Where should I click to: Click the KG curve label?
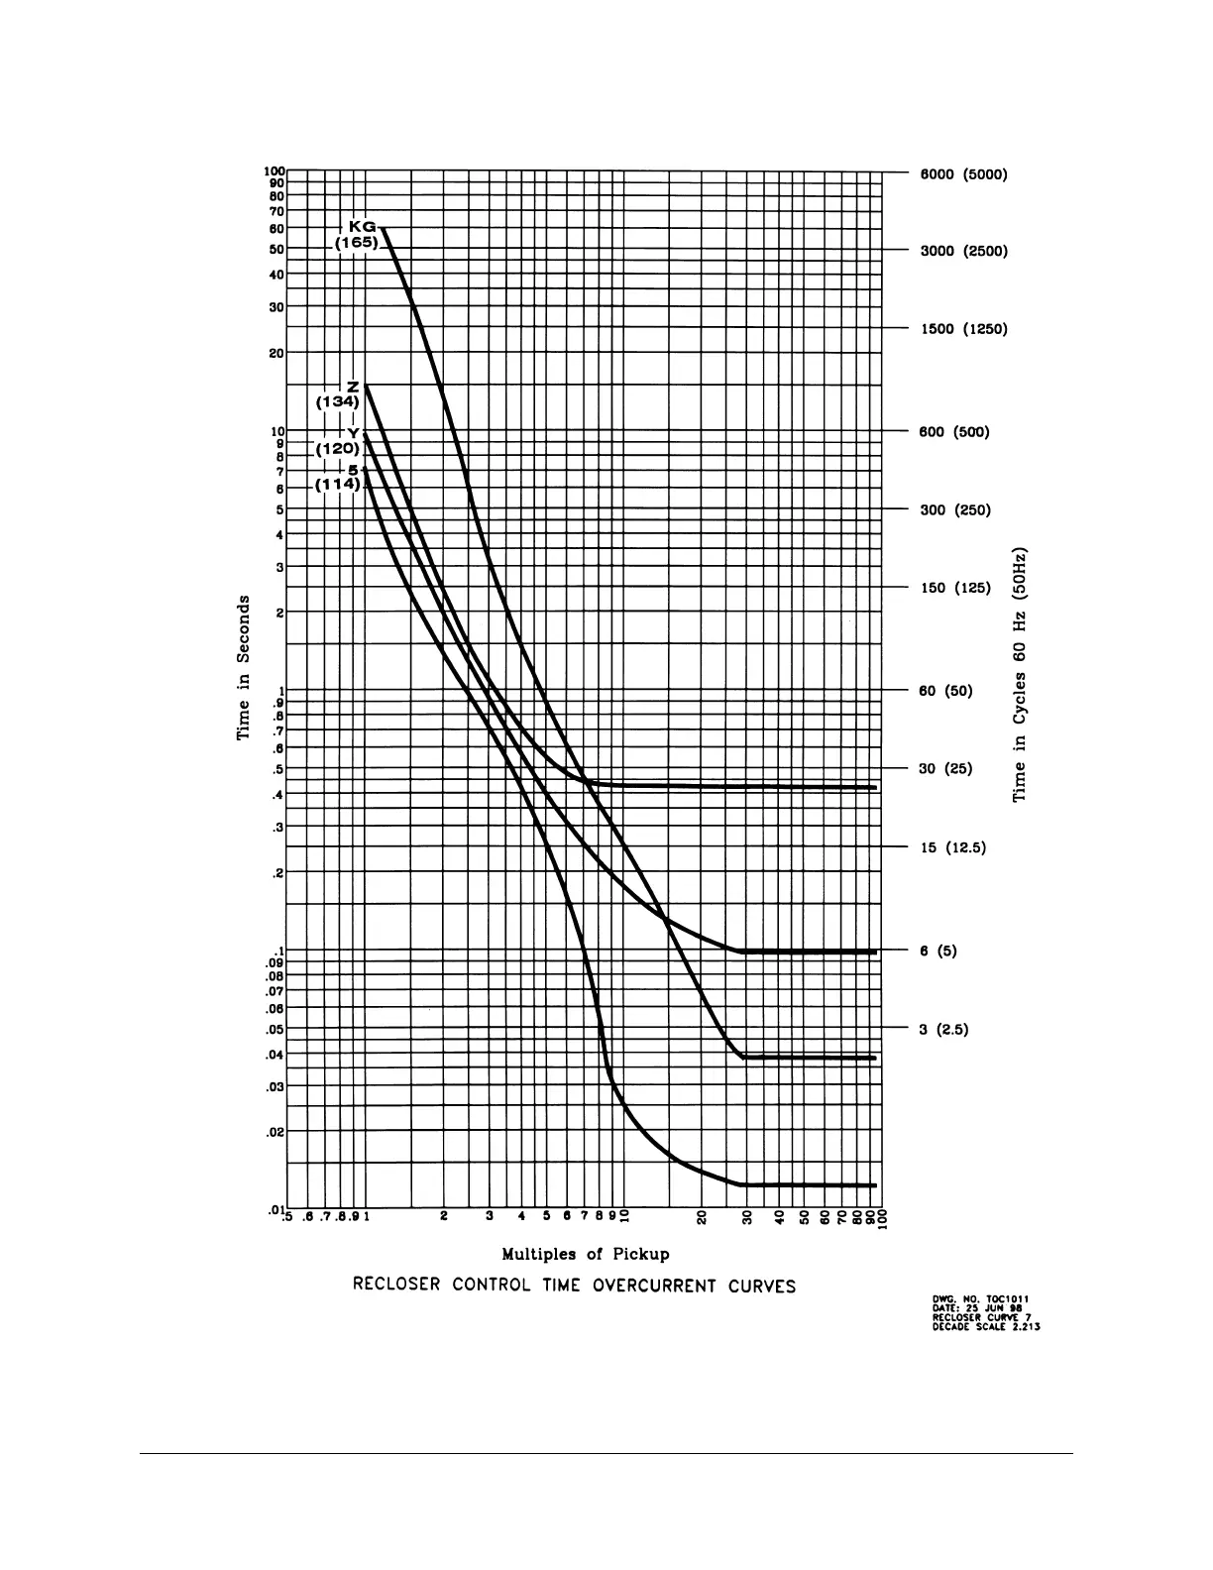coord(360,227)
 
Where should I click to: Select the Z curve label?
coord(352,386)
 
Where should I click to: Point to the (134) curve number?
coord(337,402)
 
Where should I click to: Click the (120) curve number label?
coord(337,448)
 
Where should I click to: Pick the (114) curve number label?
coord(337,484)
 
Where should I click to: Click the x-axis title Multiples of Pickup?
coord(586,1254)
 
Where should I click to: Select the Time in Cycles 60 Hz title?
coord(1019,674)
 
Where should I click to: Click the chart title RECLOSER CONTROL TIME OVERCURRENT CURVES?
coord(575,1287)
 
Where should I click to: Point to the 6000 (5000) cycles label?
coord(963,174)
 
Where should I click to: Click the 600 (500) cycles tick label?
coord(954,432)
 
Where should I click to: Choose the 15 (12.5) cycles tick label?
coord(952,847)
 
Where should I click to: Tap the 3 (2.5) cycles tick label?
coord(943,1029)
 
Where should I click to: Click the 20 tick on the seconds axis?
coord(276,352)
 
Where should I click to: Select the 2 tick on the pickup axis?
coord(445,1216)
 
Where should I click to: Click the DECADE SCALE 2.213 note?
coord(986,1328)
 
